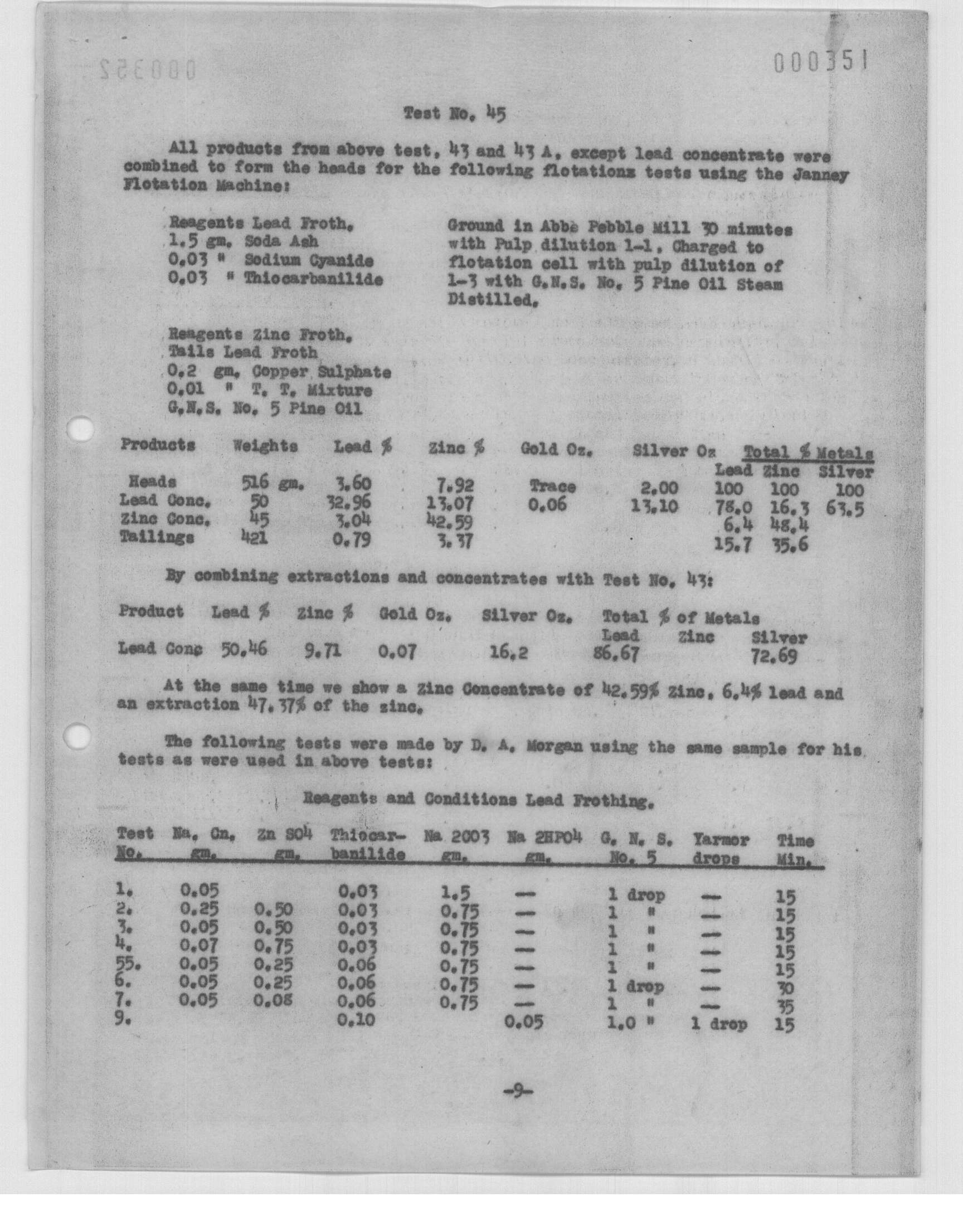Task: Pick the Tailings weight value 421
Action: [x=254, y=538]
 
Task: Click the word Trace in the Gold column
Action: [x=552, y=486]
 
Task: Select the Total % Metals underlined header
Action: [x=809, y=453]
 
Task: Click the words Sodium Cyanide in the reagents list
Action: [x=308, y=261]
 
